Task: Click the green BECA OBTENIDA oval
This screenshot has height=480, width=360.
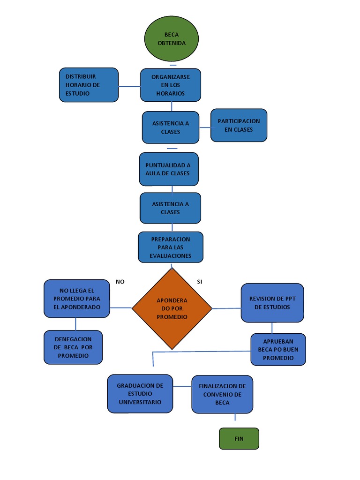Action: (x=172, y=38)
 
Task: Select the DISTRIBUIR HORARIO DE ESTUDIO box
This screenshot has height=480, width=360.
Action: (x=89, y=85)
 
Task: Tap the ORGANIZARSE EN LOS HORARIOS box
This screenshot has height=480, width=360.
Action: (x=171, y=85)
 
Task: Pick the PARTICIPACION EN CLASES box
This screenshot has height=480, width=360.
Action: (x=239, y=125)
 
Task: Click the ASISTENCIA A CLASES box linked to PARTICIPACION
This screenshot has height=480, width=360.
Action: (x=171, y=127)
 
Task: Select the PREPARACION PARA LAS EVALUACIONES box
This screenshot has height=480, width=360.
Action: (x=171, y=247)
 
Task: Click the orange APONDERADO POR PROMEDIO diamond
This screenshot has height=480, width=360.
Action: (x=172, y=308)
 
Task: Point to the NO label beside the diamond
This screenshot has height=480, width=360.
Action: (x=120, y=282)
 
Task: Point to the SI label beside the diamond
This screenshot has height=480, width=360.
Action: (x=200, y=282)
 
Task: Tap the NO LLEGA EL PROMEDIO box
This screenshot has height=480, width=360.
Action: (x=77, y=299)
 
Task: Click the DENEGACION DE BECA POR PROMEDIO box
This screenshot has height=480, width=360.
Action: (x=73, y=347)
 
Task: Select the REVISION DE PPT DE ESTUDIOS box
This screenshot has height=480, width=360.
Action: (x=272, y=303)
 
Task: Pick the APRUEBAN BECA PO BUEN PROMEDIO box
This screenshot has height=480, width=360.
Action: (x=278, y=350)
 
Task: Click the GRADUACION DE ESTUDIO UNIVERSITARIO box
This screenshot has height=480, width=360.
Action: (x=140, y=394)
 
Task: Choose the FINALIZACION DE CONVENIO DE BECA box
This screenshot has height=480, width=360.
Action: (x=222, y=394)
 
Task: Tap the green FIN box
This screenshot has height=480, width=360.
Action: (x=239, y=439)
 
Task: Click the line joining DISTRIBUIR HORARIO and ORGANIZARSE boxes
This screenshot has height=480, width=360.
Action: (x=129, y=86)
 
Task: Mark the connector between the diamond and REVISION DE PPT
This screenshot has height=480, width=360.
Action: (x=226, y=308)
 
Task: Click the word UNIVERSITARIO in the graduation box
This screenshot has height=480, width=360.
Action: (x=140, y=402)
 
